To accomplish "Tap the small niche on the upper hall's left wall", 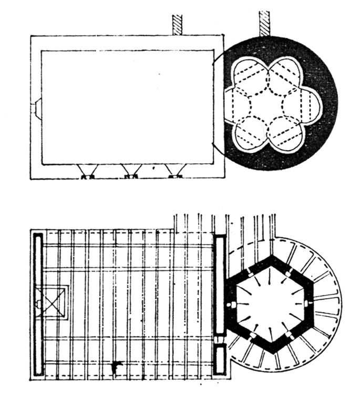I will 36,110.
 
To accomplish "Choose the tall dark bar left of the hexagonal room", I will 220,286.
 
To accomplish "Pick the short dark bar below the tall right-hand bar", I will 220,360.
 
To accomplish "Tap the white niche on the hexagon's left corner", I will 230,305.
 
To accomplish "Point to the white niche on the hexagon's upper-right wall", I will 291,272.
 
